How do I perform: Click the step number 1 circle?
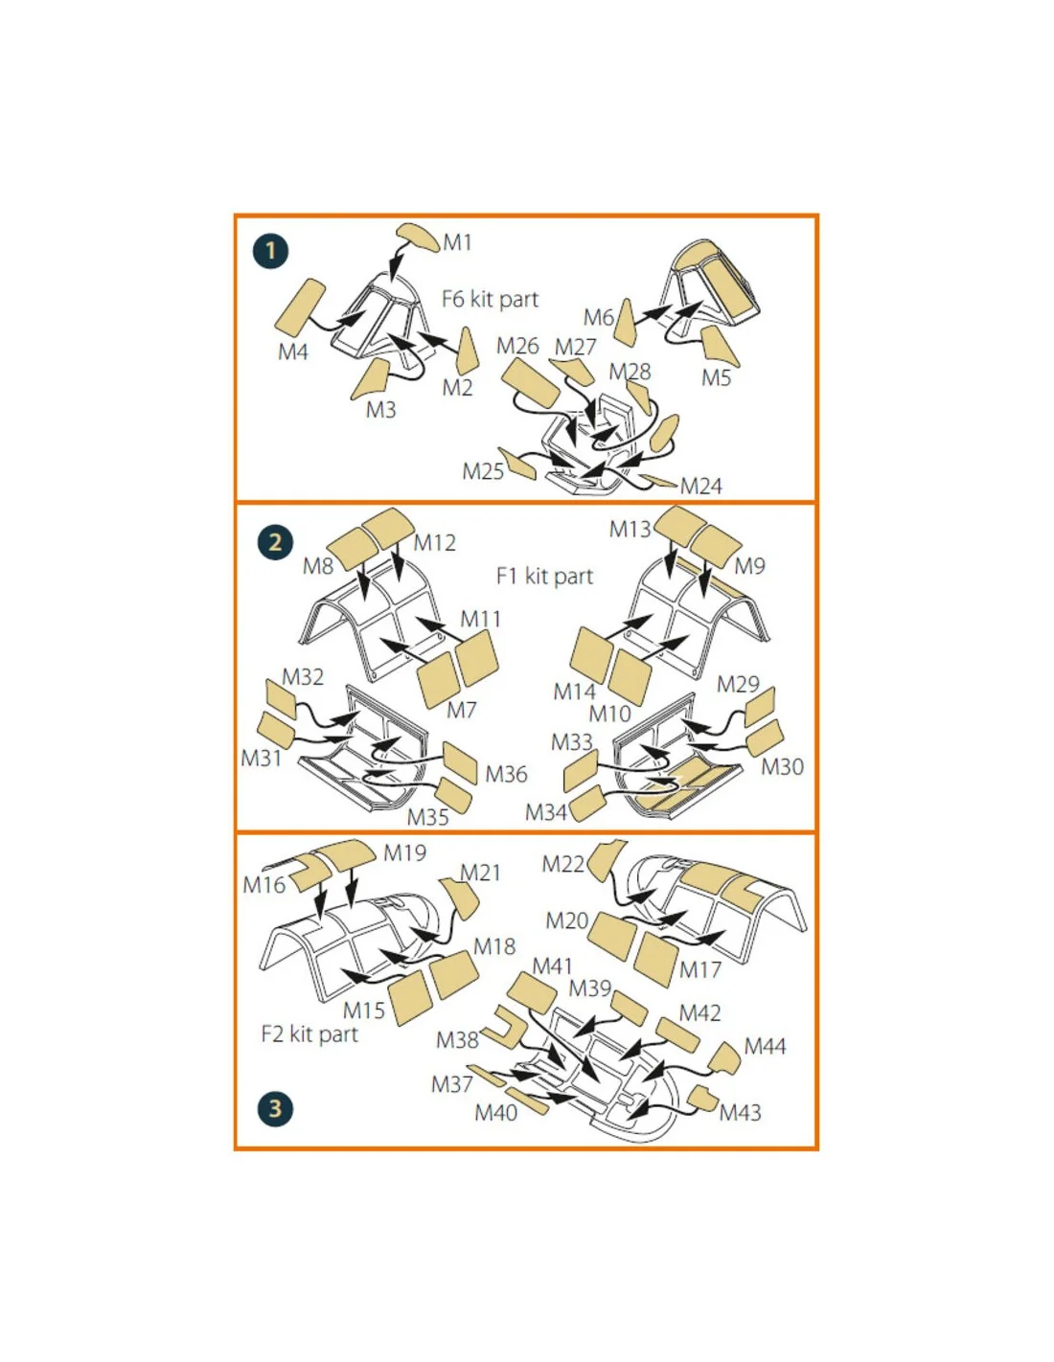(x=271, y=251)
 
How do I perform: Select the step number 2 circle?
(x=275, y=542)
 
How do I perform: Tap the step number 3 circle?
(x=275, y=1109)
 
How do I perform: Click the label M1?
(x=457, y=242)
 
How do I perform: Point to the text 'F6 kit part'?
(x=490, y=299)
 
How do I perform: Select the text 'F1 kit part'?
(x=544, y=576)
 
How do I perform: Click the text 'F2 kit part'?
(x=309, y=1033)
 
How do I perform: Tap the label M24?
(x=701, y=486)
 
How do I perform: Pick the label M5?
(x=716, y=378)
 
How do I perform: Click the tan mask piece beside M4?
(x=300, y=306)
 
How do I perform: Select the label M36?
(x=506, y=774)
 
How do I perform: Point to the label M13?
(x=630, y=530)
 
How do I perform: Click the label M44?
(x=765, y=1046)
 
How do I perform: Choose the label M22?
(x=563, y=864)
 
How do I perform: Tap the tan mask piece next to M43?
(x=703, y=1098)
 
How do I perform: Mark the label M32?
(x=302, y=677)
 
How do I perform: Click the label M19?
(x=404, y=852)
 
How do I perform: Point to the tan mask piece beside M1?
(x=419, y=237)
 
